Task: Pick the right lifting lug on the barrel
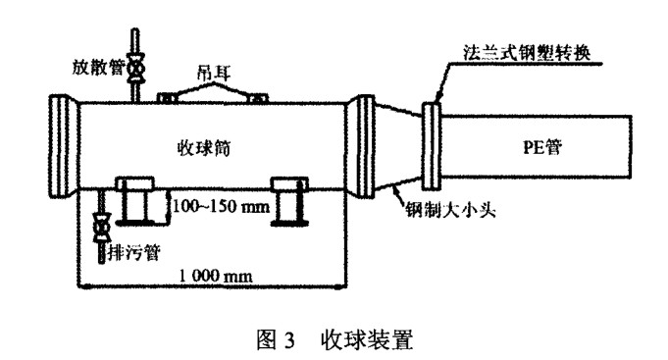pyautogui.click(x=260, y=97)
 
